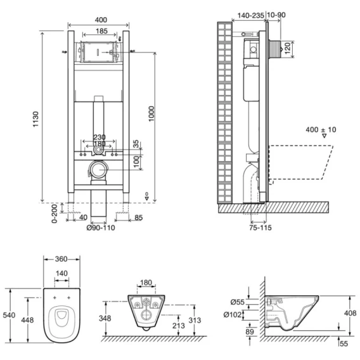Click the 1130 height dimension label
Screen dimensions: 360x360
tap(36, 119)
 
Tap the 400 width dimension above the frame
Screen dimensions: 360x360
tap(101, 20)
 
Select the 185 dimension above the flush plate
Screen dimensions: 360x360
tap(102, 31)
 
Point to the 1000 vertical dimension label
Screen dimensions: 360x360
tap(151, 114)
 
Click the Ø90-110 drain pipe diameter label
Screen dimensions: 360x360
tap(101, 228)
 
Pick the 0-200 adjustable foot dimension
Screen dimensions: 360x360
tap(55, 214)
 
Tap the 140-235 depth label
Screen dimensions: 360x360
tap(250, 15)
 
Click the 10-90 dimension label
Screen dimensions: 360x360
tap(276, 15)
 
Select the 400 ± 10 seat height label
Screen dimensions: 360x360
tap(321, 130)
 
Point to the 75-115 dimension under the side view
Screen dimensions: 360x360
tap(260, 228)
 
